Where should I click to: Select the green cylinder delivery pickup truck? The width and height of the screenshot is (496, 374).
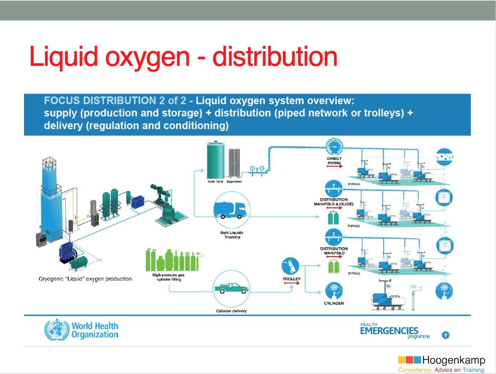pos(231,288)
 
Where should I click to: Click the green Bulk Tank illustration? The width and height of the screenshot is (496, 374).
pos(215,160)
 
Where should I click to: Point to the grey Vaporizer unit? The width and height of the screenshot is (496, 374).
pos(234,163)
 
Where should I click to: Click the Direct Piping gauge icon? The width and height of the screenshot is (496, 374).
pos(334,147)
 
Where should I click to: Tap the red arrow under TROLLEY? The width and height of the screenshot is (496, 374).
pos(292,283)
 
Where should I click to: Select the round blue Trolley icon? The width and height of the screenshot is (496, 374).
pos(290,266)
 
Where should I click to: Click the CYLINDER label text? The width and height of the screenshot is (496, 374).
pos(334,303)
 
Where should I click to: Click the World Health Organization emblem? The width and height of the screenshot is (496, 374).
pos(57,329)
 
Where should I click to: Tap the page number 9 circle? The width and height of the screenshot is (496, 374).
pos(446,335)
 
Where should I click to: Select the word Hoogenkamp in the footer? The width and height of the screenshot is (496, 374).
pos(454,360)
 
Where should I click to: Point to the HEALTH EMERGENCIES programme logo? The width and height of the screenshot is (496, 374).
pos(394,331)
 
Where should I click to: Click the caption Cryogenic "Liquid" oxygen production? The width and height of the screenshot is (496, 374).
pos(85,279)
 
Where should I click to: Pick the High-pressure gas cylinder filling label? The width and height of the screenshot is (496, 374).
pos(169,277)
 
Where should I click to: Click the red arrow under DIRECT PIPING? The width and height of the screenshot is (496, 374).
pos(334,166)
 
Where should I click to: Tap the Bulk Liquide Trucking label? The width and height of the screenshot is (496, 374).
pos(232,235)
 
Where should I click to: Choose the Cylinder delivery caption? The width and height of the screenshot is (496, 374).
pos(231,311)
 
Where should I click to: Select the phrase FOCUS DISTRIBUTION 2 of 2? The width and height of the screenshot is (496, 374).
pos(115,100)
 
